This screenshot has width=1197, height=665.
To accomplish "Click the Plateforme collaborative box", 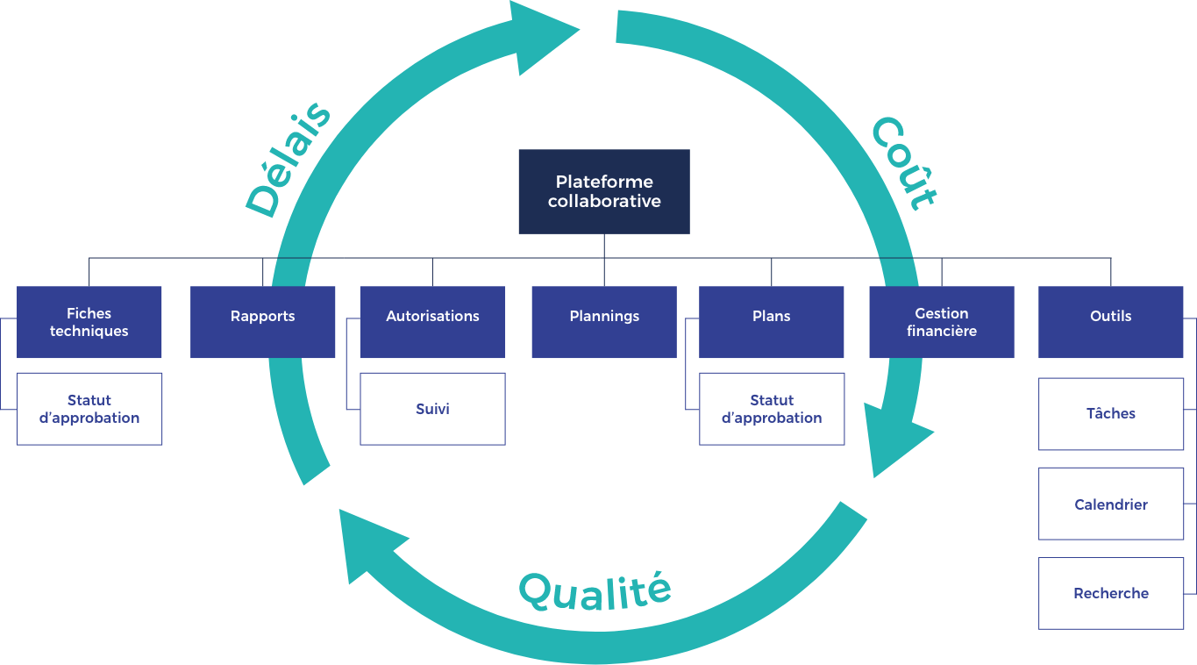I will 604,191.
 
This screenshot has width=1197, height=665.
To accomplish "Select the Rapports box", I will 263,321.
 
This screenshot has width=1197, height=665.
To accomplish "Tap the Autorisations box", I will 432,321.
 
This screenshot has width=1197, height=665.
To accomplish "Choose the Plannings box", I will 604,321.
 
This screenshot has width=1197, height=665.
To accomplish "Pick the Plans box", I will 772,321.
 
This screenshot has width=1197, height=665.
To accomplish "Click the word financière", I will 942,332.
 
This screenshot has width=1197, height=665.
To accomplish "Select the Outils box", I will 1111,321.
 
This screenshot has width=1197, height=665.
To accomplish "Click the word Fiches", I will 89,313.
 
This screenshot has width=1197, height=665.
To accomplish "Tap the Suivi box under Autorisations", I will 432,409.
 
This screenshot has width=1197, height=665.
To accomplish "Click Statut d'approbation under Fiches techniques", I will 89,409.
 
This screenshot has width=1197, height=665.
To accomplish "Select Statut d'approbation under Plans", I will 772,409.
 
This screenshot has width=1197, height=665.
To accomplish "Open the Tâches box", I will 1111,414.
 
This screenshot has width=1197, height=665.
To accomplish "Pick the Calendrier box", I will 1111,504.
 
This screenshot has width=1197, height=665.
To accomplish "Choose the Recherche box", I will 1111,593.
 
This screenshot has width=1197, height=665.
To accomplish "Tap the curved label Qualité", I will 595,590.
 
